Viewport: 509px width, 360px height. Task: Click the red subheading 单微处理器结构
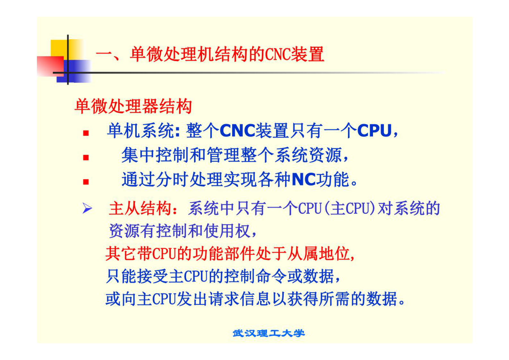133,106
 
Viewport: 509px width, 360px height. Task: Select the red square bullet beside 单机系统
86,133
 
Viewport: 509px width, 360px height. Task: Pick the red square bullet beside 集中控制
86,158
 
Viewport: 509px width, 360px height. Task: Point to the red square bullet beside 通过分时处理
86,182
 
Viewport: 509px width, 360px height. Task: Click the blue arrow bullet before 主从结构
87,209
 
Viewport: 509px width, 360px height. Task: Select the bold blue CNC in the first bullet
237,131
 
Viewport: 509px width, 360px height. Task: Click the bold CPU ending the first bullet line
374,131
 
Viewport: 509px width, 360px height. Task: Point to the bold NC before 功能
304,179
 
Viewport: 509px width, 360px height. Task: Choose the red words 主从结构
140,209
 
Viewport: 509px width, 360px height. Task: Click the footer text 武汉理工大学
268,333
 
